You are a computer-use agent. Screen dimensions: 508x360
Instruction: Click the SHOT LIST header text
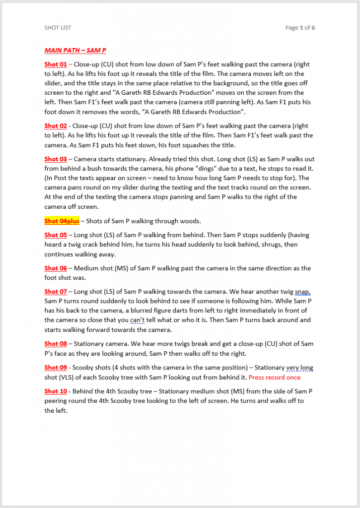58,28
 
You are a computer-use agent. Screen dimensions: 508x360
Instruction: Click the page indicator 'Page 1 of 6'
300,28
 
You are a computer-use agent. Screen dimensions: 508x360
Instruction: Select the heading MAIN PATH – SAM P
75,50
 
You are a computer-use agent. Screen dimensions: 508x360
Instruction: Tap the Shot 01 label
56,64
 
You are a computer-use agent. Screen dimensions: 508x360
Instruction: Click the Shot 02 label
56,126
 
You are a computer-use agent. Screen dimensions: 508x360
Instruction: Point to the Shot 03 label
56,159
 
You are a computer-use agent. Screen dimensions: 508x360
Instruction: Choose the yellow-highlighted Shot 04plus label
62,221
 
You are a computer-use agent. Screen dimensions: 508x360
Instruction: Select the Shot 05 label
56,235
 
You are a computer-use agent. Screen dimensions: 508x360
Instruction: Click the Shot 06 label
56,268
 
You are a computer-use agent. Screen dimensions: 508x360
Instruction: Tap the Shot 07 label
56,292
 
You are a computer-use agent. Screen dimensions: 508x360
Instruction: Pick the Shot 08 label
56,344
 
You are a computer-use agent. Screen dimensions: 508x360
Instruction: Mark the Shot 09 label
56,368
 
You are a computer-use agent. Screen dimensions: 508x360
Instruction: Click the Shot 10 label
56,391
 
